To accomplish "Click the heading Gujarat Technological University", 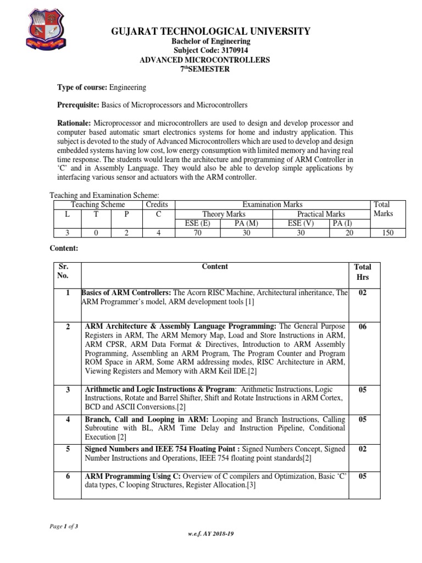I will click(211, 31).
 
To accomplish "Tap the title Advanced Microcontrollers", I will click(211, 60).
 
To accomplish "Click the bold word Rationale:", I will click(75, 123).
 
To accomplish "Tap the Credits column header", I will click(157, 205).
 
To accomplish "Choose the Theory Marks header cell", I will click(224, 214).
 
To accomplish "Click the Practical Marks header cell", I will click(321, 214).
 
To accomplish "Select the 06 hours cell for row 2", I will click(362, 327).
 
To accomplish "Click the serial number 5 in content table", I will click(68, 449).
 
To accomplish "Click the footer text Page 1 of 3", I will click(64, 526).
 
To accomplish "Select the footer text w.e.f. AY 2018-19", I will click(211, 534).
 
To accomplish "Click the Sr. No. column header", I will click(63, 271).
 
